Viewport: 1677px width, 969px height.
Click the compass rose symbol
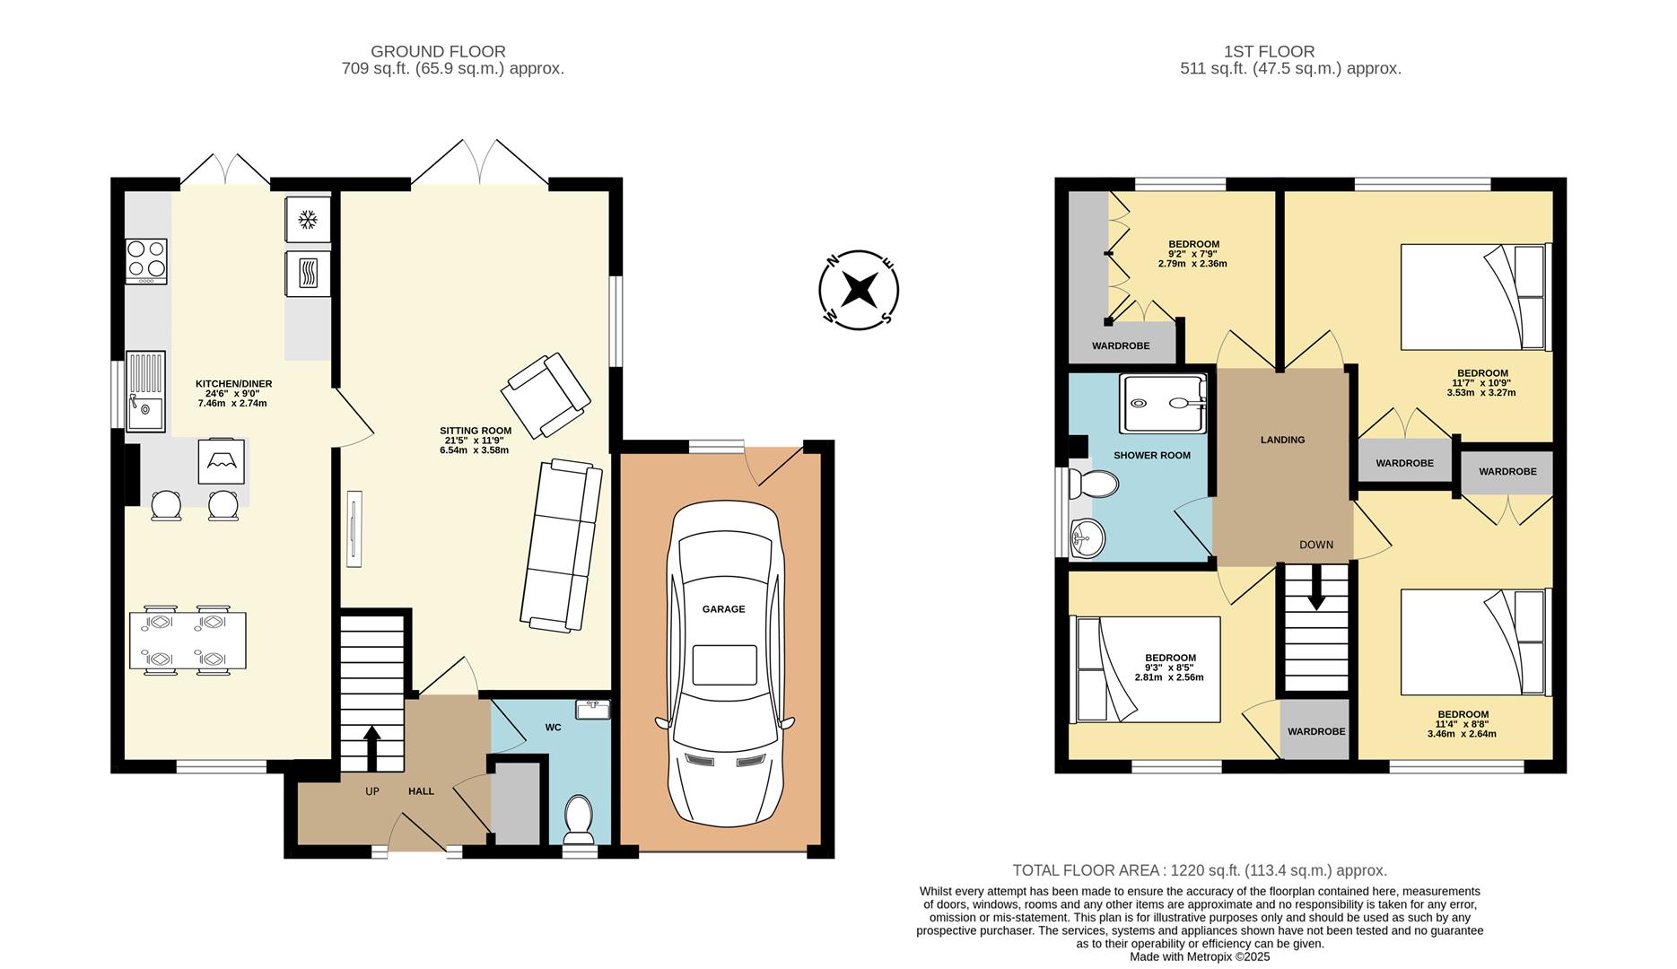coord(859,290)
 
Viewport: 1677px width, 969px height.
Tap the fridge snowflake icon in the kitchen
coord(308,220)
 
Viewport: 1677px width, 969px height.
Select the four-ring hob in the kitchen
coord(146,260)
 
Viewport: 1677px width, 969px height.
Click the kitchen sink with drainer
coord(145,391)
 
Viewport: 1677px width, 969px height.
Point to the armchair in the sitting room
coord(546,396)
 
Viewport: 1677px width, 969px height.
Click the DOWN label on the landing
coord(1315,545)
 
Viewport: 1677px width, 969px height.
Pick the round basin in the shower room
coord(1087,538)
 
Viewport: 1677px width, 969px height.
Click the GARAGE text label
coord(723,609)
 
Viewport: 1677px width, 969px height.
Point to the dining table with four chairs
coord(188,641)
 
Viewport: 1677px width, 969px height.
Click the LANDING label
coord(1282,440)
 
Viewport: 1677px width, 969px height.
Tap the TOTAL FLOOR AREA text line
coord(1200,870)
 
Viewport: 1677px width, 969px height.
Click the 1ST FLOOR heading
coord(1269,52)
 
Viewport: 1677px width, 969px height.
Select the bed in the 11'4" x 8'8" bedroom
coord(1475,642)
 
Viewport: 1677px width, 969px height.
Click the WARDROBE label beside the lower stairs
coord(1315,731)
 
